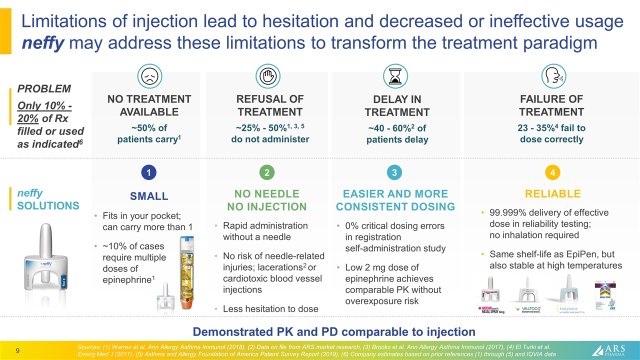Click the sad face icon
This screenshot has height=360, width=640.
148,75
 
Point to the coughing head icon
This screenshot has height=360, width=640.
553,75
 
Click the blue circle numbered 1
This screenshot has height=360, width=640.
148,172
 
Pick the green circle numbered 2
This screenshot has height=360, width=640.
267,172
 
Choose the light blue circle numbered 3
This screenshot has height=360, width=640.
394,172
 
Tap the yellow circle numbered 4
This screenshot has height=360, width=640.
552,172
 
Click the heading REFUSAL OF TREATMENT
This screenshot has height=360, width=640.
270,105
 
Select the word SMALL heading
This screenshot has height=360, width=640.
149,196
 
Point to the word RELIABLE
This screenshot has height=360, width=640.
552,194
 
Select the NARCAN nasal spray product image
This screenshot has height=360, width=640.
490,295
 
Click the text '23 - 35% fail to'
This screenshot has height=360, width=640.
552,127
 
